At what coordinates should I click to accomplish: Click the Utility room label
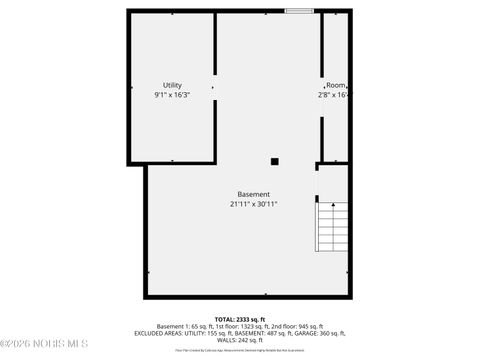pos(172,85)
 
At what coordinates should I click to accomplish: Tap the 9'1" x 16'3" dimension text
pos(172,95)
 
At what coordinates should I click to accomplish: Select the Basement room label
pos(253,194)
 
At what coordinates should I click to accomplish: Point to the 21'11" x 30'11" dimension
pos(253,204)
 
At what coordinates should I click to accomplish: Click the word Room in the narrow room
pos(335,85)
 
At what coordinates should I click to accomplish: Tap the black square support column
pos(275,161)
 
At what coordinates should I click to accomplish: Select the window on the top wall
pos(299,11)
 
